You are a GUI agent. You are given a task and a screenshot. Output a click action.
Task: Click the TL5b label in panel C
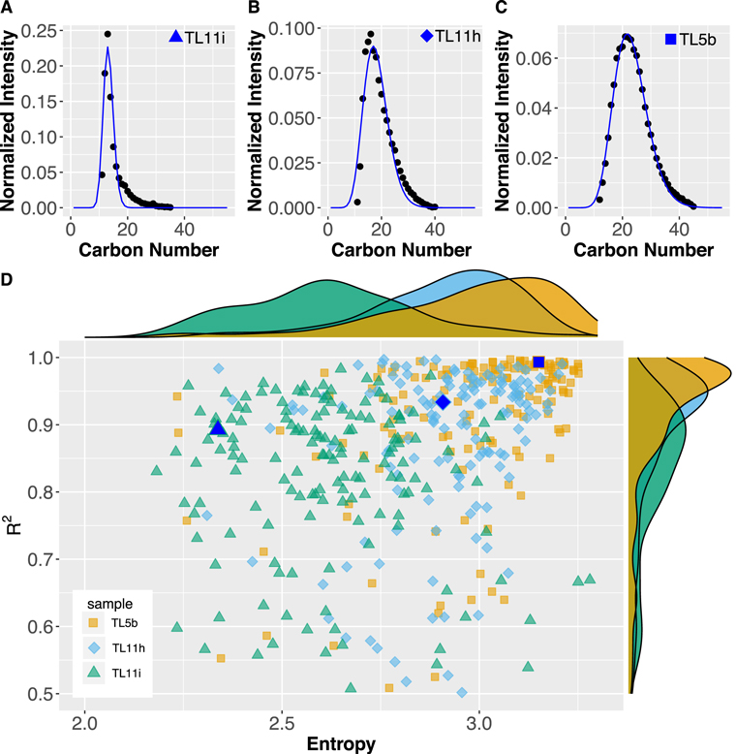coord(697,41)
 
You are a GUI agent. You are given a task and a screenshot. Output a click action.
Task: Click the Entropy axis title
coord(341,742)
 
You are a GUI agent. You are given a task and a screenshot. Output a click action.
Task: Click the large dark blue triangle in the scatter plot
coord(218,427)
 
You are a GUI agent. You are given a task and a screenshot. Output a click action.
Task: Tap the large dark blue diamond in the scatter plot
coord(443,401)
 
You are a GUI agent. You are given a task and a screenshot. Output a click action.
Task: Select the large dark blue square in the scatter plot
coord(538,361)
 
